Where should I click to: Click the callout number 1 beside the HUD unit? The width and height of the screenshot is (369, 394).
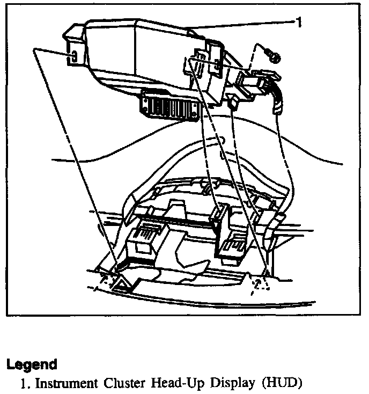(x=298, y=22)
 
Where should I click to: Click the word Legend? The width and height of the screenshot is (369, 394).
(x=32, y=364)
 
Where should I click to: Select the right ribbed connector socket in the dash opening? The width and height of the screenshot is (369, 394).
(x=232, y=248)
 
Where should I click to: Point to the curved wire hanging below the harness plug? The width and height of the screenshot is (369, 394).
(x=278, y=102)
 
